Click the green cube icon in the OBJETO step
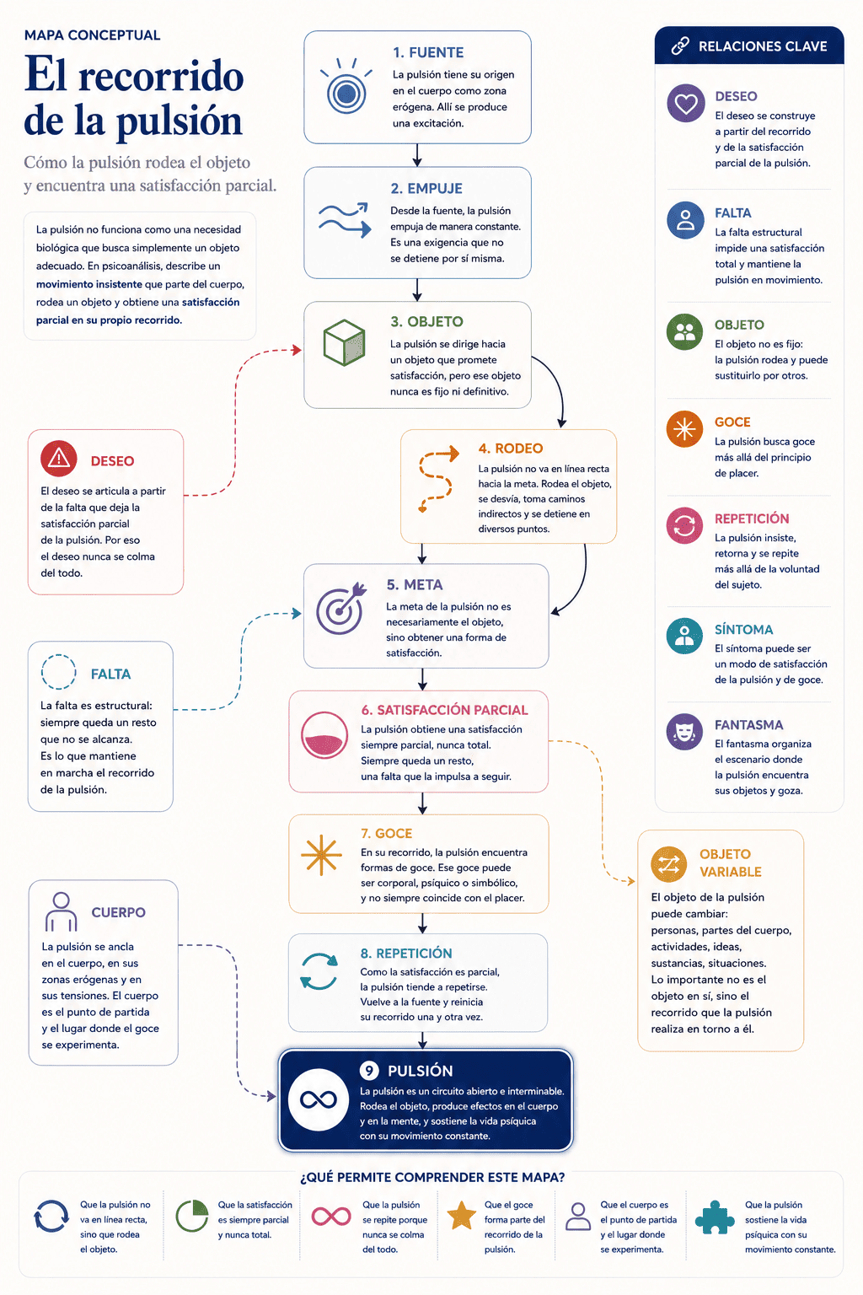pos(344,342)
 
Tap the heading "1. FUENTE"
pos(428,52)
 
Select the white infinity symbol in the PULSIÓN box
pos(318,1099)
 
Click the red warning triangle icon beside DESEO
pos(58,459)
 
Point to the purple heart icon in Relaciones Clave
pos(685,103)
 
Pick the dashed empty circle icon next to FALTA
pos(58,672)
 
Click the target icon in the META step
pos(341,607)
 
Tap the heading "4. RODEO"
pos(511,448)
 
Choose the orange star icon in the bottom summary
pos(461,1215)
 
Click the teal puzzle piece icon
pos(714,1217)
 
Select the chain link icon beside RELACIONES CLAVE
pos(680,46)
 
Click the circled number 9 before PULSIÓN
pos(369,1071)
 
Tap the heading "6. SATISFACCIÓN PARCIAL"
pos(444,710)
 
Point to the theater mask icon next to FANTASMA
pos(684,731)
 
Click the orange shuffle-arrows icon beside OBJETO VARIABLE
pos(668,863)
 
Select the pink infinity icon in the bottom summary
pos(330,1217)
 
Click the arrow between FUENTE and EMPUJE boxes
pos(417,155)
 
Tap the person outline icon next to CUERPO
pos(61,911)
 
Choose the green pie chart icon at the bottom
pos(192,1216)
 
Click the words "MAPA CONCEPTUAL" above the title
pos(93,35)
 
